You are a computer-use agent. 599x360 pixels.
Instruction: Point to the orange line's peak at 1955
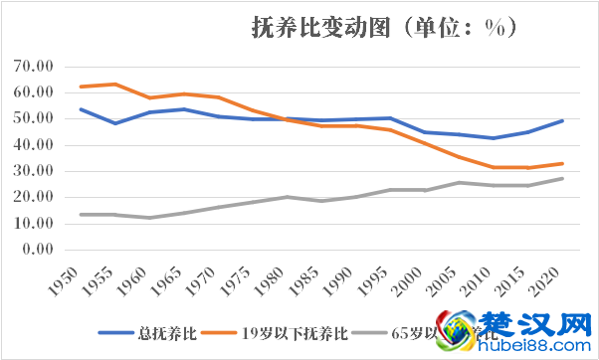(x=116, y=84)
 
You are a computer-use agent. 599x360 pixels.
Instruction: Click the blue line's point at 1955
(x=116, y=123)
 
